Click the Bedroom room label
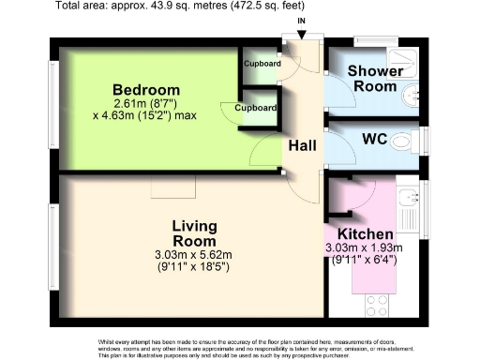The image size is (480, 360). click(x=142, y=89)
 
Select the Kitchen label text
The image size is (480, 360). click(x=366, y=232)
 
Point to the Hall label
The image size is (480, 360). click(x=302, y=145)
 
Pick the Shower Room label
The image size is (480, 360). click(x=375, y=78)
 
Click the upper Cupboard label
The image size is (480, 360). click(x=262, y=64)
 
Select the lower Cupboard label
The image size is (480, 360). click(x=255, y=109)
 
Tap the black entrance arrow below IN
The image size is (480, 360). click(x=300, y=35)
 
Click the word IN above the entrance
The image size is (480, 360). click(x=300, y=21)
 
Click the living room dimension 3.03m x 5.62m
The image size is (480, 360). click(x=194, y=254)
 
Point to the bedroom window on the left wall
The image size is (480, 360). click(x=53, y=103)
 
